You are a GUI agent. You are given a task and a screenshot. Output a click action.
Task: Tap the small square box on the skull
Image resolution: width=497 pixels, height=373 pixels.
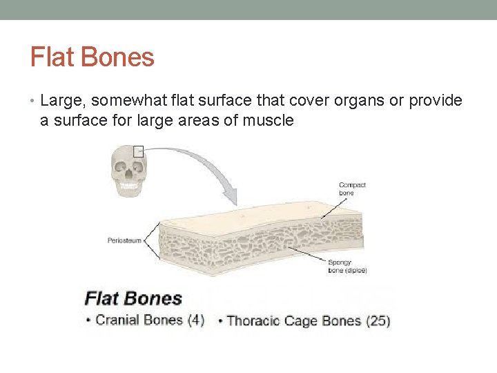tap(138, 151)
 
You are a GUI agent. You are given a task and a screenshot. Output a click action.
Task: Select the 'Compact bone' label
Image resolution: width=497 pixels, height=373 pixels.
tap(352, 189)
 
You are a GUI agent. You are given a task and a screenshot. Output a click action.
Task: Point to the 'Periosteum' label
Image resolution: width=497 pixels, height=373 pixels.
tap(124, 240)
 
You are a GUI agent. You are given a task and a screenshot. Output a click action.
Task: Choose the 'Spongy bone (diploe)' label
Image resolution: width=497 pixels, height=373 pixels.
tap(347, 267)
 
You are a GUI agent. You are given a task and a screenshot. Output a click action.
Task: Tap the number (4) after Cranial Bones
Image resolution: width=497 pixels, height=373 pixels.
tap(195, 320)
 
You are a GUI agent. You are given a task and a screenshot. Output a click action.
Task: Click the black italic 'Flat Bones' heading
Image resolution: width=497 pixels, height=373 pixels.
tap(133, 299)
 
